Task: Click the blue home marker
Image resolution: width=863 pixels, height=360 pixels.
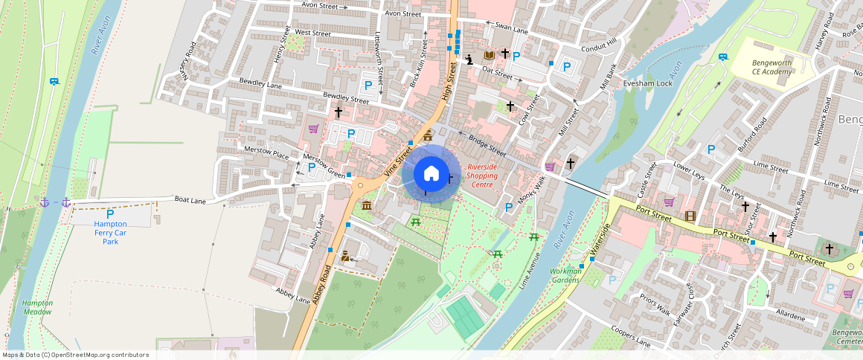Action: pos(431,173)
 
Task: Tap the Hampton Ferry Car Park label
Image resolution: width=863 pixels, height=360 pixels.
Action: pos(110,232)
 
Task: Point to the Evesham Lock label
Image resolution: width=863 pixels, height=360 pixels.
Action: pos(647,83)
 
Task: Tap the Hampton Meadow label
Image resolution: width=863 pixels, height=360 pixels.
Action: pos(37,307)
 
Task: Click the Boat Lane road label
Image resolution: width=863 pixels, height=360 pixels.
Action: pos(190,200)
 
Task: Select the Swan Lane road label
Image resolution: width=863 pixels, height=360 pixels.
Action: pos(512,31)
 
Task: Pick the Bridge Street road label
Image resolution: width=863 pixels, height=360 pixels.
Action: pos(487,144)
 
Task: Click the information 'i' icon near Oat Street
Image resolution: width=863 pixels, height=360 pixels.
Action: pos(469,60)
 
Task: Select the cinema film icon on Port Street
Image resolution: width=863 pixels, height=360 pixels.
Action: pos(690,216)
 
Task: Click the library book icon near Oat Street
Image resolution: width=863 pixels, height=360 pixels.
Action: pos(489,56)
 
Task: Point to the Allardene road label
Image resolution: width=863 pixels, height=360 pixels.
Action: pos(789,316)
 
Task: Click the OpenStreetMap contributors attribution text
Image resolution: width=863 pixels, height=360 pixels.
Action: pos(75,355)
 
